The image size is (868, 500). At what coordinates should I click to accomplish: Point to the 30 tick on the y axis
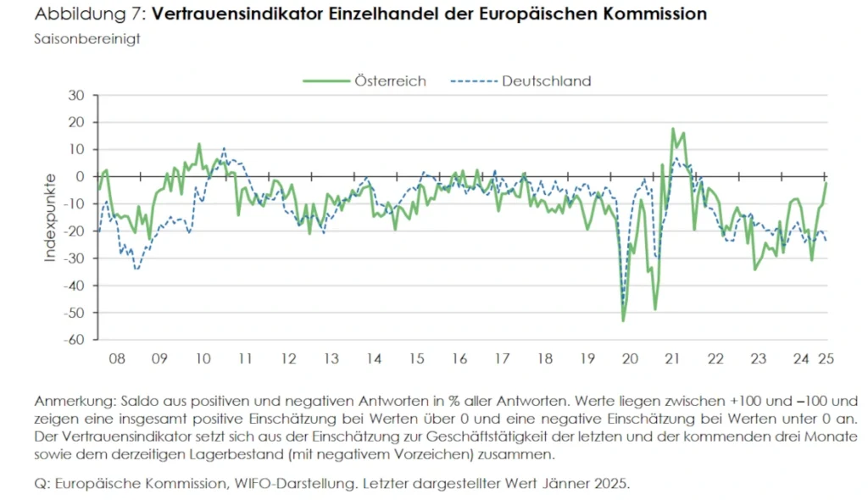[x=75, y=95]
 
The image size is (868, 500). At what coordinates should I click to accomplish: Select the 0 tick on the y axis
[x=80, y=176]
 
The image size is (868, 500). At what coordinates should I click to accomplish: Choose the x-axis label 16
[x=459, y=358]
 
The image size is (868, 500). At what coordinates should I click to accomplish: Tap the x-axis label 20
[x=630, y=358]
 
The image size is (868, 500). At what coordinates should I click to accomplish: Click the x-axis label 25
[x=824, y=358]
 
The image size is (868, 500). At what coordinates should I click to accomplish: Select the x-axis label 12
[x=287, y=358]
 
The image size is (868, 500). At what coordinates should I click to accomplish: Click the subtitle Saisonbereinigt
[x=87, y=39]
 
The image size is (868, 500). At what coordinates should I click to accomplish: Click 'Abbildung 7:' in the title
[x=89, y=14]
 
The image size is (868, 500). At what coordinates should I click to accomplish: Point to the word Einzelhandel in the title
[x=376, y=14]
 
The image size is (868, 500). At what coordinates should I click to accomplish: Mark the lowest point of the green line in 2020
[x=623, y=321]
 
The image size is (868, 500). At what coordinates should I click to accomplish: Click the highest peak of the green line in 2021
[x=673, y=129]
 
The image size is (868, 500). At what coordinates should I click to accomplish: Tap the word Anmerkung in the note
[x=73, y=400]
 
